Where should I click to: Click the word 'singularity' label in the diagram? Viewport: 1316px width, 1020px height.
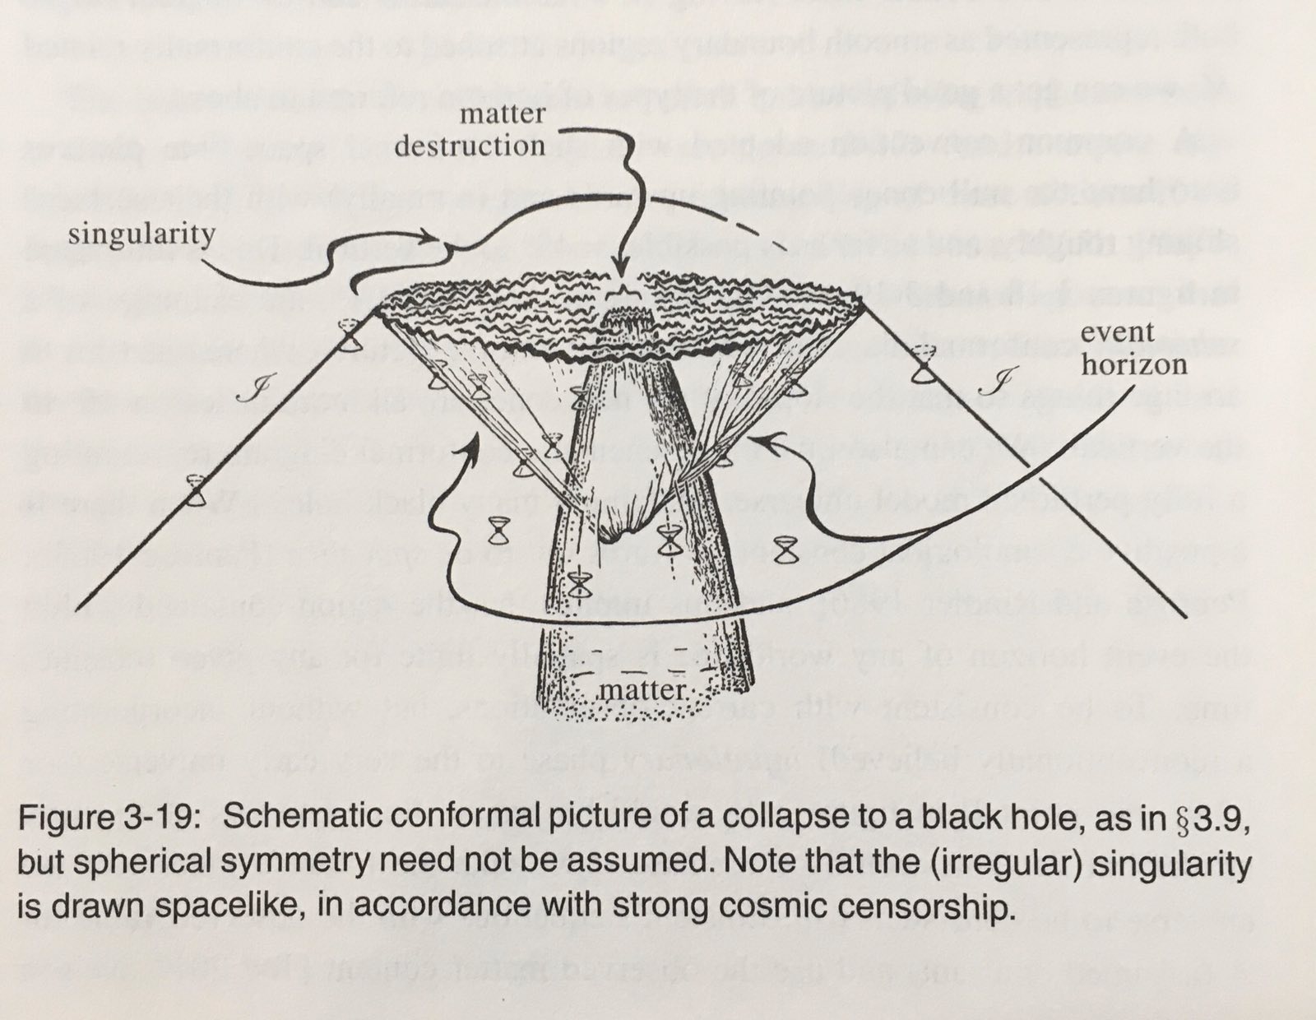pos(141,234)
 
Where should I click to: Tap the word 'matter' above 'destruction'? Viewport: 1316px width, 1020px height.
pos(502,114)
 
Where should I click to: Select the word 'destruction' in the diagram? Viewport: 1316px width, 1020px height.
pos(470,146)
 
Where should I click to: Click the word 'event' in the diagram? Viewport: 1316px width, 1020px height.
pos(1117,333)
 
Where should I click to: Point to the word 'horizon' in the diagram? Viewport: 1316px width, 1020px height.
pos(1134,364)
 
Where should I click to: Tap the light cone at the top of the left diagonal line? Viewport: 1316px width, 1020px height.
pos(350,336)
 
